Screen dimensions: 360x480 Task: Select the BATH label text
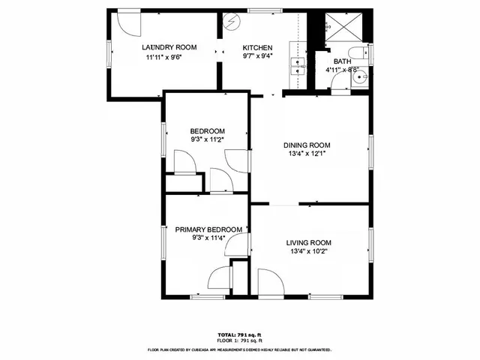[x=342, y=61]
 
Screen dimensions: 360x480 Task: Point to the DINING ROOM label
[x=307, y=145]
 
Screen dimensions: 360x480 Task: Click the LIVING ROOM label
[x=308, y=242]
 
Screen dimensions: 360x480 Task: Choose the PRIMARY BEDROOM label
[x=208, y=229]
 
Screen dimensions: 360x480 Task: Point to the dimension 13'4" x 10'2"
[x=308, y=251]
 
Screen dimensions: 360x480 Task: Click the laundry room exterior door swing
[x=131, y=22]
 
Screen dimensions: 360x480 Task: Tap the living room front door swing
[x=268, y=280]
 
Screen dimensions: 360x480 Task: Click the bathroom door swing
[x=340, y=83]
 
